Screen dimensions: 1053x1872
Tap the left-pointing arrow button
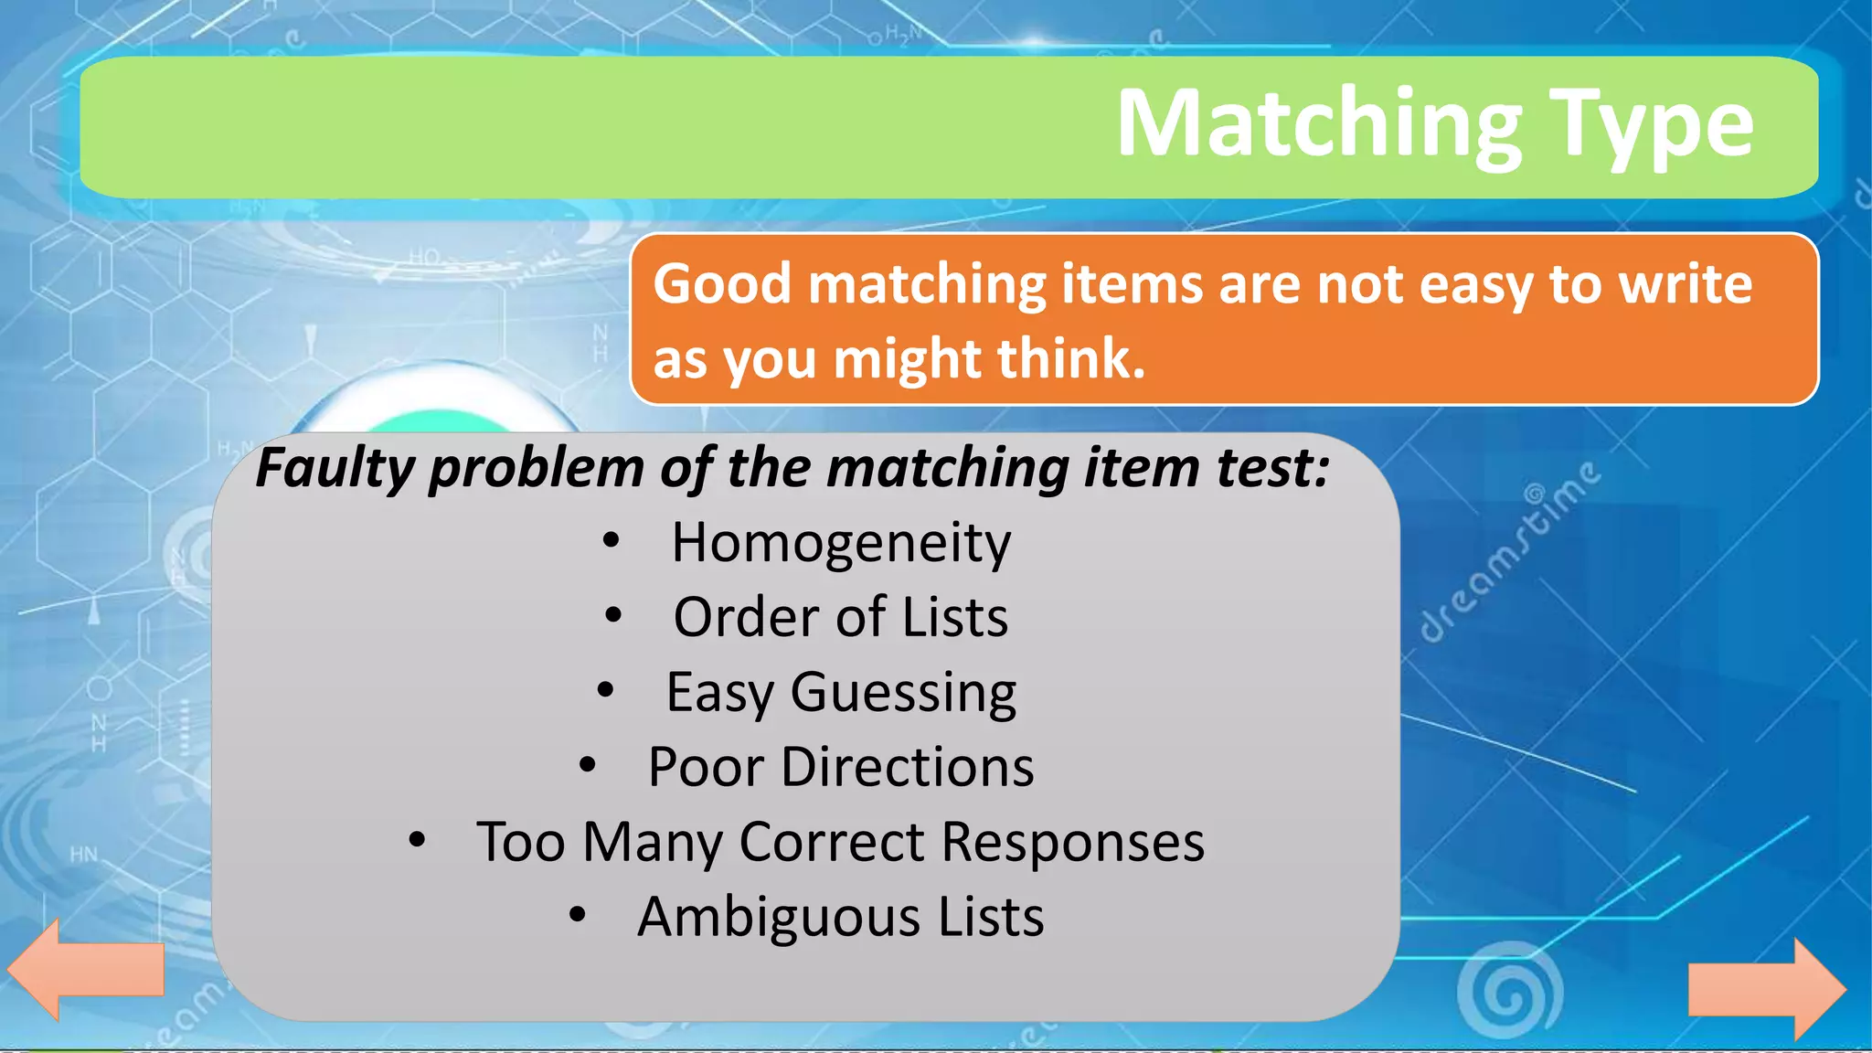coord(85,969)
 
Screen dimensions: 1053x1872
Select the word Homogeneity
coord(841,543)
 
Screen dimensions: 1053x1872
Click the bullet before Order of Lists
coord(613,616)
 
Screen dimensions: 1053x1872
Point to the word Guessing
coord(903,693)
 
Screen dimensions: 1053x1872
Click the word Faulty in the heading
coord(335,468)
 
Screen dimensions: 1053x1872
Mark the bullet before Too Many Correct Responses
coord(417,840)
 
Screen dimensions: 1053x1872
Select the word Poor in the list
coord(705,767)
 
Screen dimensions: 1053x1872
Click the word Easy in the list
coord(719,693)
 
